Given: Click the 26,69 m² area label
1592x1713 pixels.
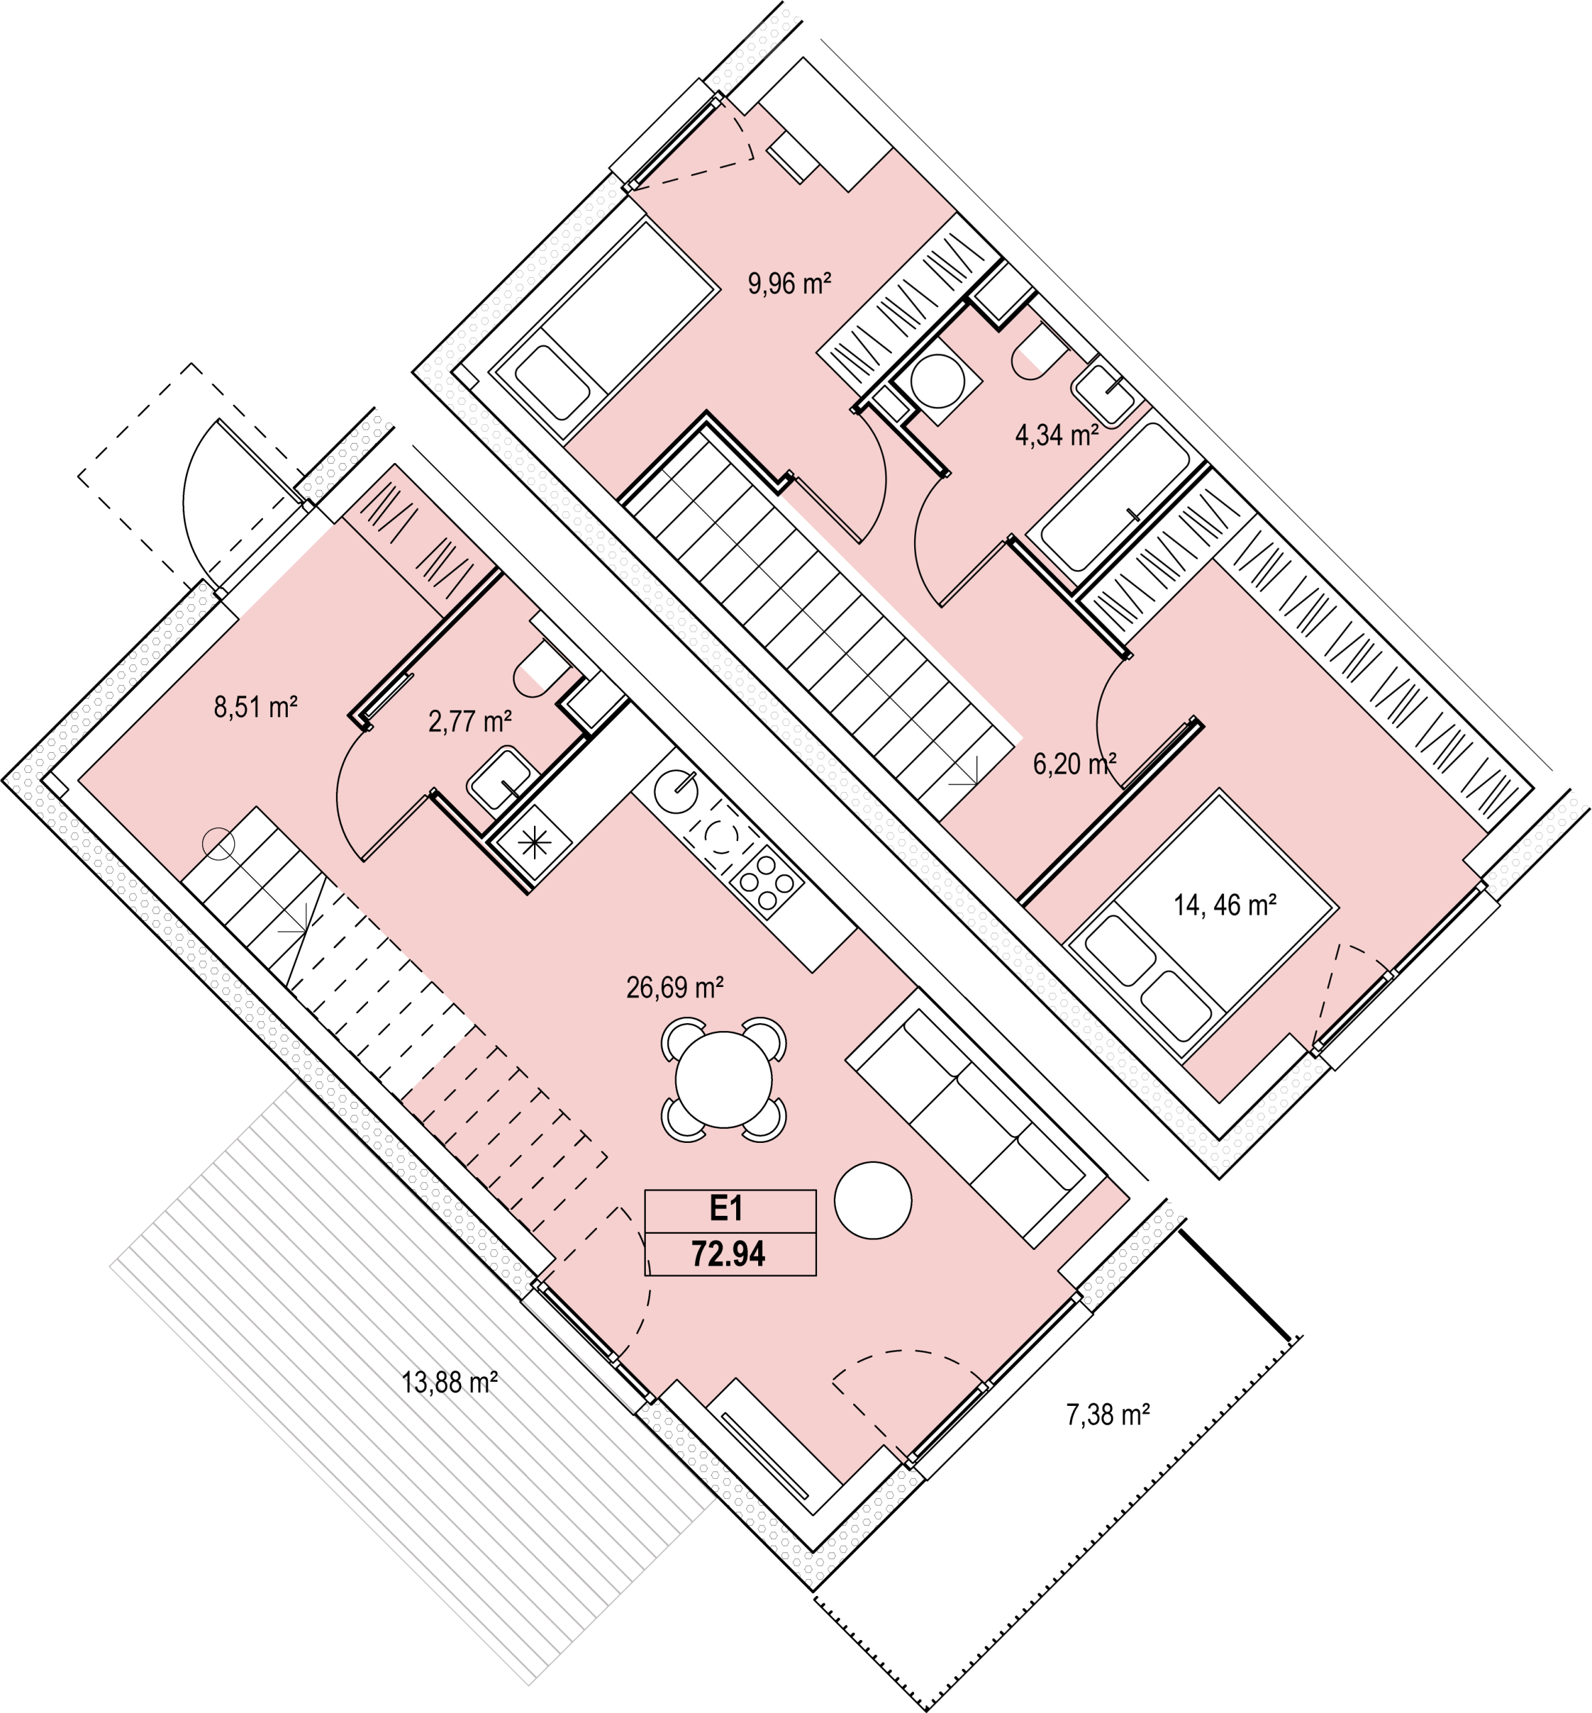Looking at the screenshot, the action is pyautogui.click(x=675, y=987).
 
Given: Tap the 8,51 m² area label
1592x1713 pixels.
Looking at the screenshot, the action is pyautogui.click(x=256, y=708).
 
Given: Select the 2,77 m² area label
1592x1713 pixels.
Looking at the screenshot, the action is pyautogui.click(x=470, y=721).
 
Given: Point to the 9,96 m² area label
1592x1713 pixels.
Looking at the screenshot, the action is pyautogui.click(x=789, y=283).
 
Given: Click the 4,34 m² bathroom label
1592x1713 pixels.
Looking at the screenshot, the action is pyautogui.click(x=1057, y=436).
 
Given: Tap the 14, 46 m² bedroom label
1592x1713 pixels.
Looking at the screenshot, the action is pyautogui.click(x=1225, y=905).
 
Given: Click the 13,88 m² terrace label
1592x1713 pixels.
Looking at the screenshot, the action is pyautogui.click(x=450, y=1383).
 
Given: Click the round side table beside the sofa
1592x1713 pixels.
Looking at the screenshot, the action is pyautogui.click(x=873, y=1200).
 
